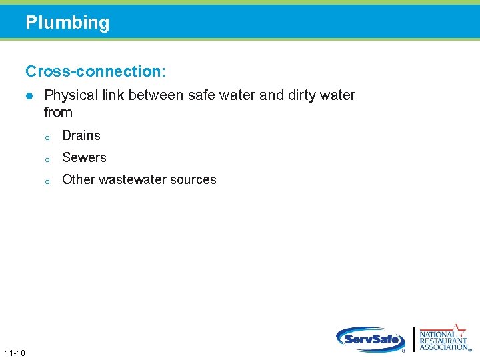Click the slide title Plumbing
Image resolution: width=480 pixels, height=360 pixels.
[67, 23]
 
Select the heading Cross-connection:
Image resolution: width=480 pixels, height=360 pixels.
[96, 70]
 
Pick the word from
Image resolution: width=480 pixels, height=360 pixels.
[58, 113]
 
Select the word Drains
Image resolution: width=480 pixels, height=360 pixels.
[81, 136]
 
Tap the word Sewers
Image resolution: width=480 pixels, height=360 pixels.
[84, 158]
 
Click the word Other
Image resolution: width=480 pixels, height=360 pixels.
[78, 180]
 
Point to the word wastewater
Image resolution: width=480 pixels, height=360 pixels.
[136, 180]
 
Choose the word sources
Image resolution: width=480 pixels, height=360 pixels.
[197, 180]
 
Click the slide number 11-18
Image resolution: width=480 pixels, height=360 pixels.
[14, 352]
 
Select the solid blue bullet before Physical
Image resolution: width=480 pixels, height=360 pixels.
[29, 96]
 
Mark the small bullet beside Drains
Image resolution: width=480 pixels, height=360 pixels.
[47, 138]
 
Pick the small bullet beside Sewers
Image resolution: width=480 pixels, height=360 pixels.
[47, 160]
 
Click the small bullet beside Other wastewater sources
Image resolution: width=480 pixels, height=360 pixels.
[47, 182]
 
